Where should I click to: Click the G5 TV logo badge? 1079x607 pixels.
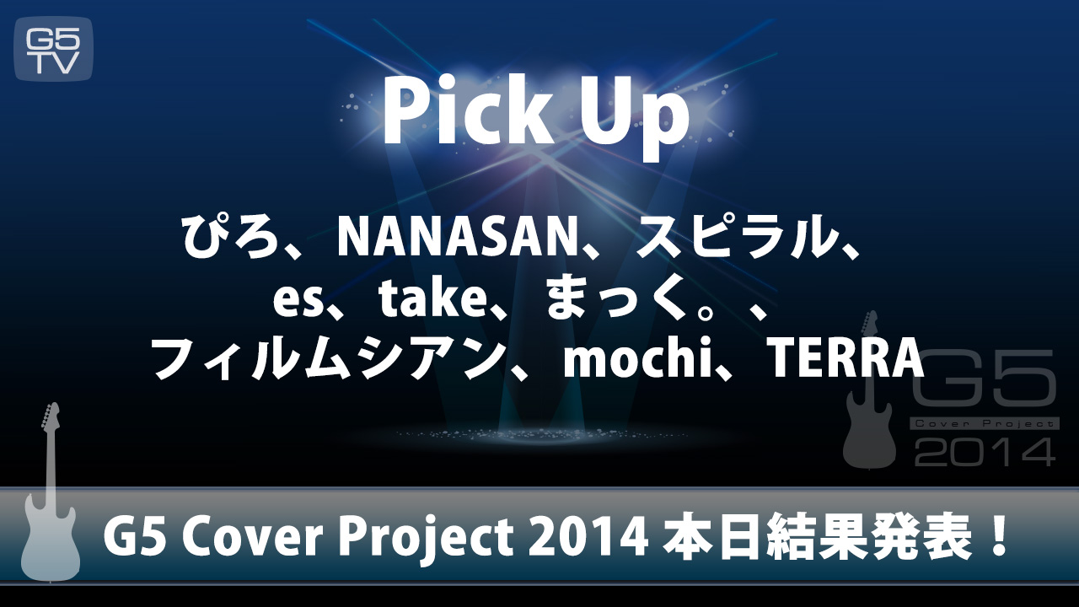[53, 49]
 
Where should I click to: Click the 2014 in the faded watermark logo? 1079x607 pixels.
[985, 450]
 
